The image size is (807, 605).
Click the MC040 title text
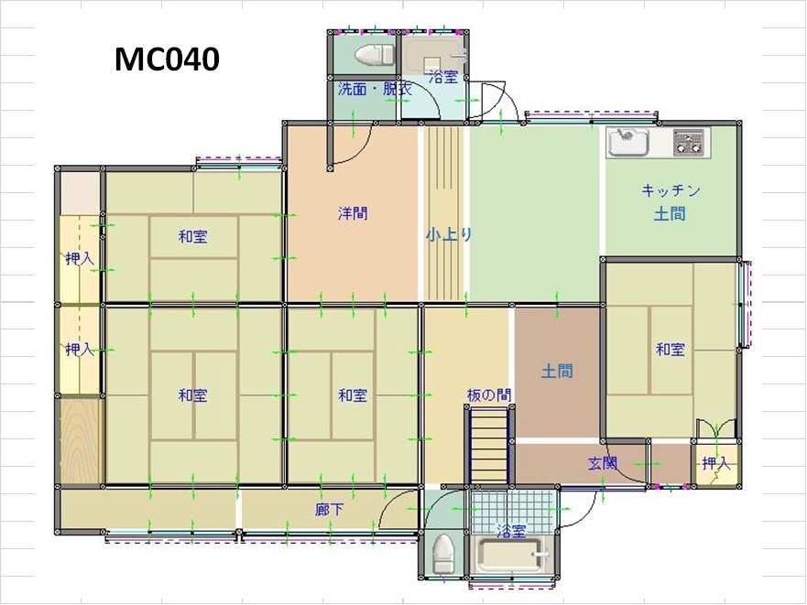click(167, 59)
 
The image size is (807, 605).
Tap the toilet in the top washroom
click(374, 55)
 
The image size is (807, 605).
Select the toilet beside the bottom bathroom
click(443, 553)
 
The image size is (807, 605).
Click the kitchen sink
click(627, 142)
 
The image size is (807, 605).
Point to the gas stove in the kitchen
click(688, 142)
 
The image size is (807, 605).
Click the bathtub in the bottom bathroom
click(511, 555)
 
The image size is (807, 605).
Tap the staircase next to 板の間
click(489, 445)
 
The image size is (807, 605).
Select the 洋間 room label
click(353, 213)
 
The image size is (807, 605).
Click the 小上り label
click(449, 235)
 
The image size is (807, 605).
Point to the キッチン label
click(671, 190)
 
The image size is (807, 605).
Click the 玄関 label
click(603, 463)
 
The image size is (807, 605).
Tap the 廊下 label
click(330, 509)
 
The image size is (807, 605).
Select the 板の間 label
click(489, 395)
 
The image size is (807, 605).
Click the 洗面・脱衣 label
click(375, 89)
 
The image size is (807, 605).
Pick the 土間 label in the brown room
click(557, 371)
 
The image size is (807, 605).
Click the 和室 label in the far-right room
click(671, 350)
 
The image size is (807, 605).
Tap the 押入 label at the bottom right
click(716, 463)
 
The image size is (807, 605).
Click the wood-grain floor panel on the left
click(81, 441)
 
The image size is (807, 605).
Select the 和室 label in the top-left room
click(192, 237)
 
